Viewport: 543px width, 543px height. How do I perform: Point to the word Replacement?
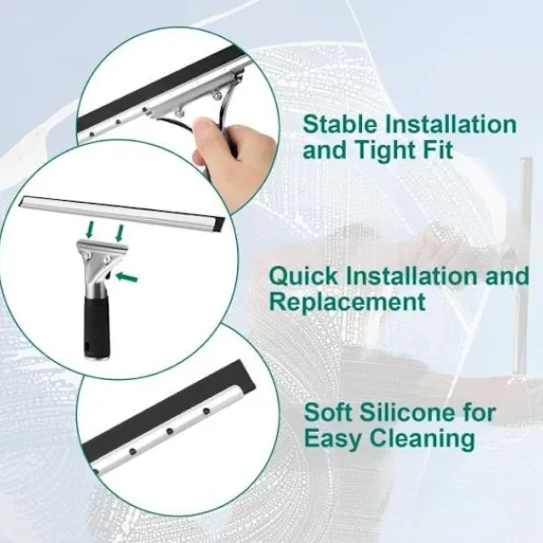tap(348, 302)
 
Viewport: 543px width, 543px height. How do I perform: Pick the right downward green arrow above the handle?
tap(119, 233)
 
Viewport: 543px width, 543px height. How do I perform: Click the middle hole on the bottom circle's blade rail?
tap(169, 432)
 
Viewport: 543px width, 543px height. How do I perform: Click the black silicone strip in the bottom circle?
tap(167, 408)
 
